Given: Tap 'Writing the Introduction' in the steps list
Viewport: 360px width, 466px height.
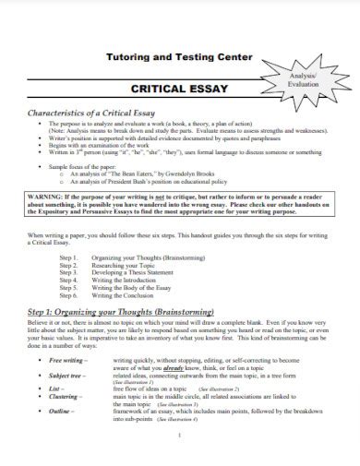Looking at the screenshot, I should point(134,281).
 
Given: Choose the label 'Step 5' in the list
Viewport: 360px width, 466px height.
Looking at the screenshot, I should point(67,291).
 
